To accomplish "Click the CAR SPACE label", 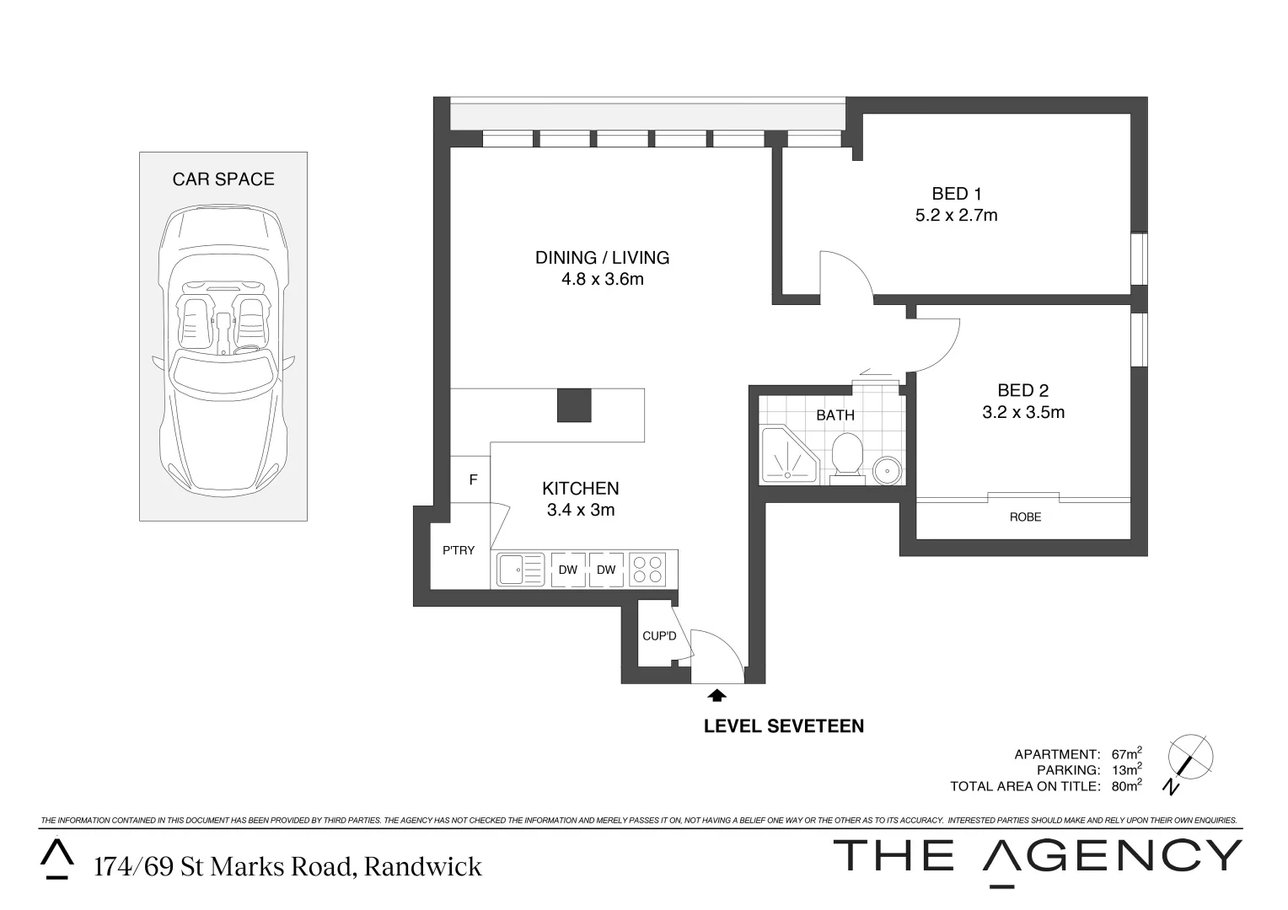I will [x=223, y=179].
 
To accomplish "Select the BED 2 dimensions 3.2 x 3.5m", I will [x=1022, y=412].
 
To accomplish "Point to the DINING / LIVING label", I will [x=602, y=258].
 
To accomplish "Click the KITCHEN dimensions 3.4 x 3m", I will [x=580, y=510].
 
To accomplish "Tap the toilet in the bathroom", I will [x=846, y=458].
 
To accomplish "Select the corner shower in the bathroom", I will [x=786, y=456].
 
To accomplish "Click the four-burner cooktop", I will [x=647, y=569].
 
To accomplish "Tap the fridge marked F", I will [x=473, y=479].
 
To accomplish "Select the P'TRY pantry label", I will [x=459, y=550].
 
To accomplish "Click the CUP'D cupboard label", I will [x=659, y=635].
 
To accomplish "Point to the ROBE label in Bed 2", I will [x=1025, y=517].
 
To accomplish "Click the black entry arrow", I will [x=716, y=695].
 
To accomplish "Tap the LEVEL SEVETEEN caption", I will [x=783, y=725].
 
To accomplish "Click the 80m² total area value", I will [x=1126, y=785].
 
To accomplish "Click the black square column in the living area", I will [x=574, y=405].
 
